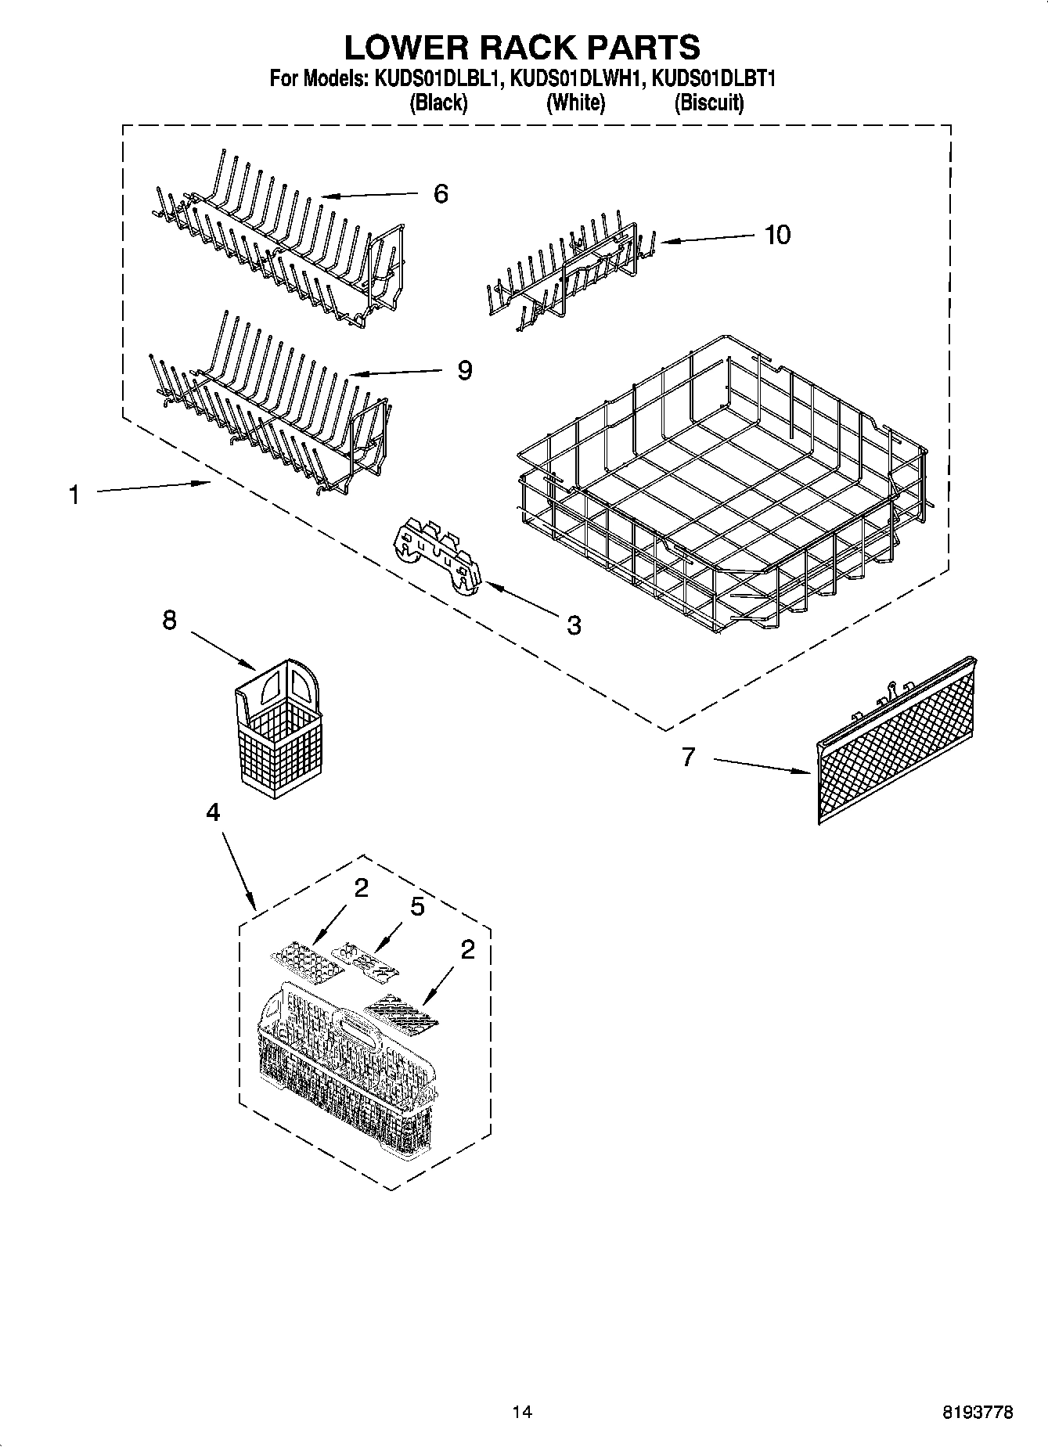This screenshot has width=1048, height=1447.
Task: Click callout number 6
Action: click(x=441, y=194)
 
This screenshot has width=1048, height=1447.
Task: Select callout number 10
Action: click(x=777, y=234)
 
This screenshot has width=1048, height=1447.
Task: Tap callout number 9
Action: click(x=465, y=370)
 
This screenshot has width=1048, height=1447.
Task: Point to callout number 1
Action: click(x=74, y=495)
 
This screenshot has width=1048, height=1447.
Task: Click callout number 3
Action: click(x=574, y=625)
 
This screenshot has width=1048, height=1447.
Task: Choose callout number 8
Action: click(x=169, y=621)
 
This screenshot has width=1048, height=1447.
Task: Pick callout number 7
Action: click(x=688, y=757)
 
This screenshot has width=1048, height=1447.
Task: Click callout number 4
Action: click(x=213, y=813)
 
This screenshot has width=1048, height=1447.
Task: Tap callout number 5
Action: click(x=417, y=907)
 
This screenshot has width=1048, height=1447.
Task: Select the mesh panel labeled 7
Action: click(x=895, y=742)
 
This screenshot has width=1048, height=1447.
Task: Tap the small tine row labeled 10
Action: click(x=565, y=270)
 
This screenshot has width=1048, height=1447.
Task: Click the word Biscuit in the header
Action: click(x=709, y=103)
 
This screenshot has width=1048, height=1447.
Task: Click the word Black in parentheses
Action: click(x=439, y=103)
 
